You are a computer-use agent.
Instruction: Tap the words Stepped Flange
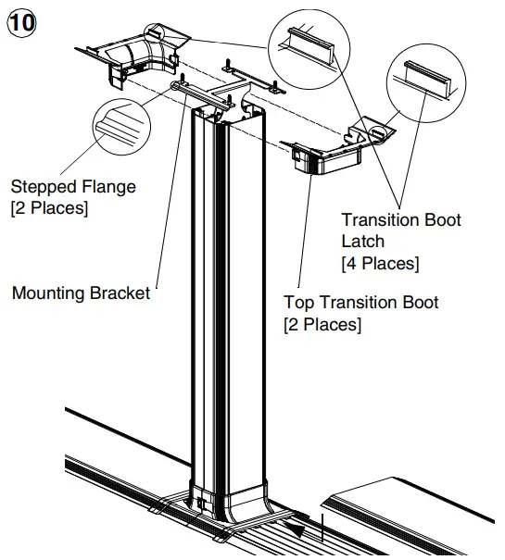73,187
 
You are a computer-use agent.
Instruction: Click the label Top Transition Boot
360,303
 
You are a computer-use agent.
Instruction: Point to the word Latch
364,242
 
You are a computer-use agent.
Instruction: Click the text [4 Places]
380,264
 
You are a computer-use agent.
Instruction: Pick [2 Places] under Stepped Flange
49,209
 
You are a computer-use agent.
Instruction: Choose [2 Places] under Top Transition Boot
322,325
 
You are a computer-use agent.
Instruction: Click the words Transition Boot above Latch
400,219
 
